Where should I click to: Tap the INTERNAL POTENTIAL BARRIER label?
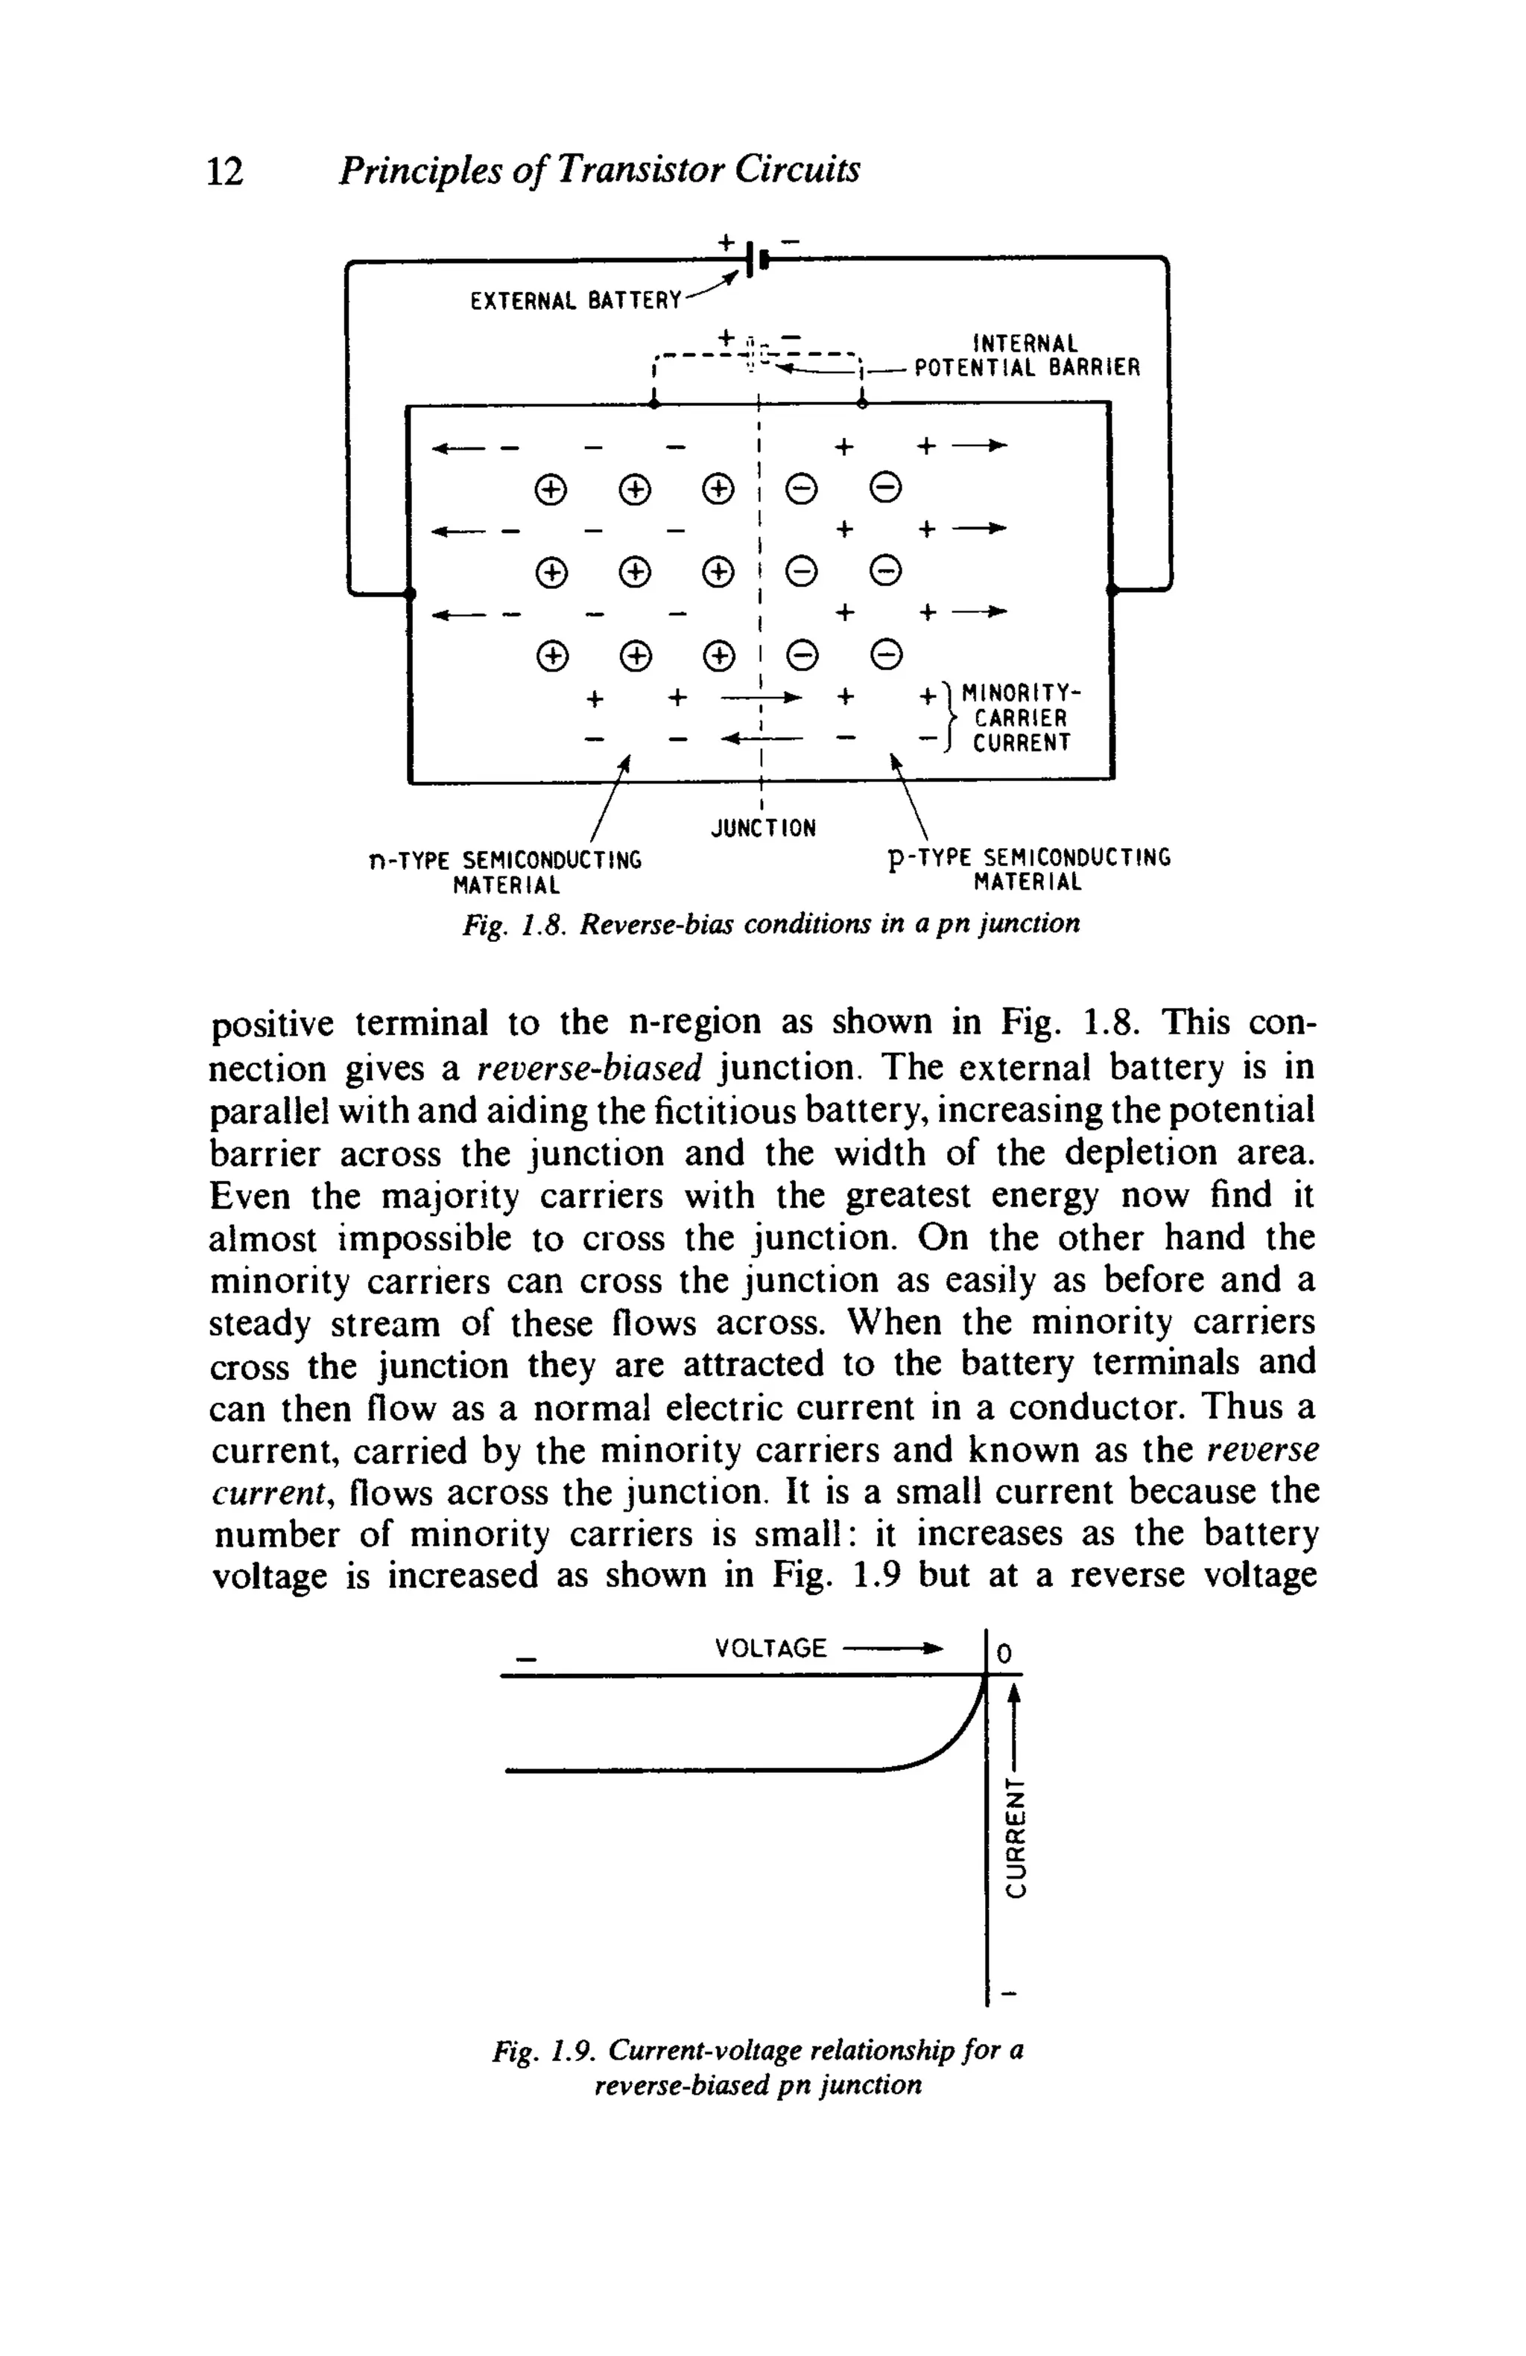[x=1027, y=355]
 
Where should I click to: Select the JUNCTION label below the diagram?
[x=764, y=827]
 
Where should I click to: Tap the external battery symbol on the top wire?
[x=756, y=261]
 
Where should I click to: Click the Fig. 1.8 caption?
[x=771, y=923]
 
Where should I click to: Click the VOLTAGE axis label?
[x=770, y=1648]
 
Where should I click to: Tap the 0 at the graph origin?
[x=1004, y=1653]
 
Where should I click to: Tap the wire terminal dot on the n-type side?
[x=410, y=592]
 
